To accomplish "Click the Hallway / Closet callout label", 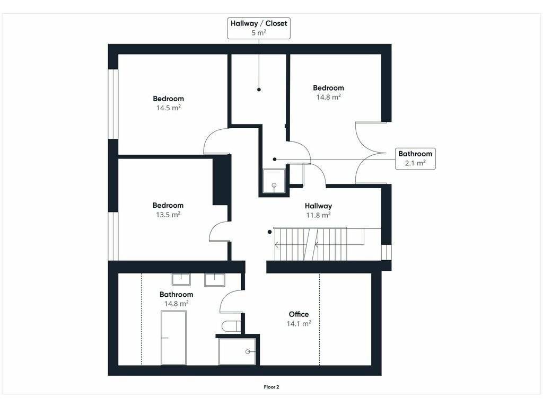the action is point(259,28).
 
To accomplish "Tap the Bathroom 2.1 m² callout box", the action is point(415,158).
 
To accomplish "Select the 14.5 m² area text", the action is point(168,108).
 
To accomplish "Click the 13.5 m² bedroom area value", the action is point(168,215).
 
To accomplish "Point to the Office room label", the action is point(299,314).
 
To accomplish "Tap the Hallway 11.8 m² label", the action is point(318,210).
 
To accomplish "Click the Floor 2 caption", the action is point(271,387).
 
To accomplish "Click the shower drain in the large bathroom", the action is point(248,352).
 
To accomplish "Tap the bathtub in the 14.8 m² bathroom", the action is point(173,338).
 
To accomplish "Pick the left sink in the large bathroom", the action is point(181,279).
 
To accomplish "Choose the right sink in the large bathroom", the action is point(214,280).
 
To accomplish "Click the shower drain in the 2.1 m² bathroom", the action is point(274,185).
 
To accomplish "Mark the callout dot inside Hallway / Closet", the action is point(259,90).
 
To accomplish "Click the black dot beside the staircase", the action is point(270,232).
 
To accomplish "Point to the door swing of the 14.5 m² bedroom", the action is point(209,136).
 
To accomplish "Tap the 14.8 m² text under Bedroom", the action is point(329,97).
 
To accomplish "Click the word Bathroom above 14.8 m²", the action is point(176,295).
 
